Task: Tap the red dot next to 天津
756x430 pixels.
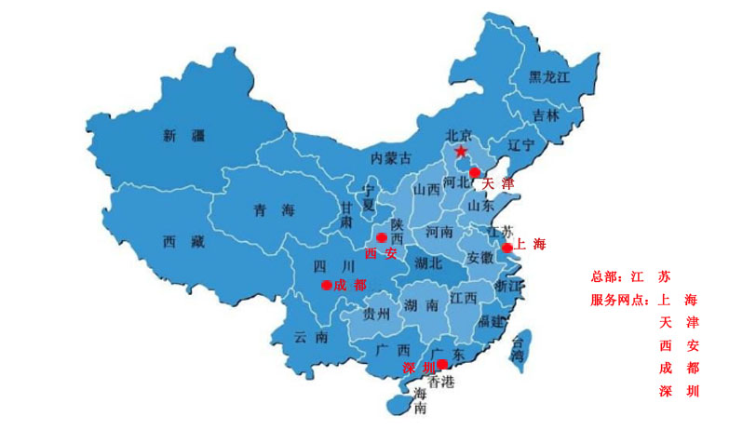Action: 474,172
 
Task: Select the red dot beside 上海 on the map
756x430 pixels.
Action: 506,249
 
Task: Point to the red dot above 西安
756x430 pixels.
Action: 381,238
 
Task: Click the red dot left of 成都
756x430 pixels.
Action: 326,285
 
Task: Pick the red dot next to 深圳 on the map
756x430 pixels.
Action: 442,364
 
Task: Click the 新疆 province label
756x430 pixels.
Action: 182,137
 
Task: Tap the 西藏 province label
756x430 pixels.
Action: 182,242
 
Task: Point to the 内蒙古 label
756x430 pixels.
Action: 390,157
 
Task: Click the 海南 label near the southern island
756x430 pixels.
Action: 420,400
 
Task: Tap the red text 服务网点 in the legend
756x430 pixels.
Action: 619,301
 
